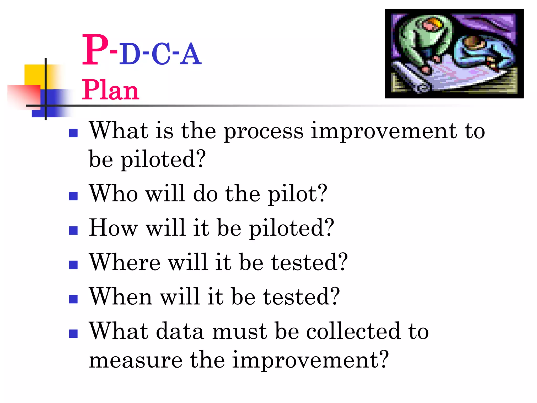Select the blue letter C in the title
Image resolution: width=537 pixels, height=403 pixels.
(161, 55)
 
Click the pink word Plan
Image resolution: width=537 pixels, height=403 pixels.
(110, 90)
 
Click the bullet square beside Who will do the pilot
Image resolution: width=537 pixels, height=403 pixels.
(73, 196)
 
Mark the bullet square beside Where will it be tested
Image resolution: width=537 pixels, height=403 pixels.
(73, 265)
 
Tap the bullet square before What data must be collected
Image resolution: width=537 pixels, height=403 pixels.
(73, 333)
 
